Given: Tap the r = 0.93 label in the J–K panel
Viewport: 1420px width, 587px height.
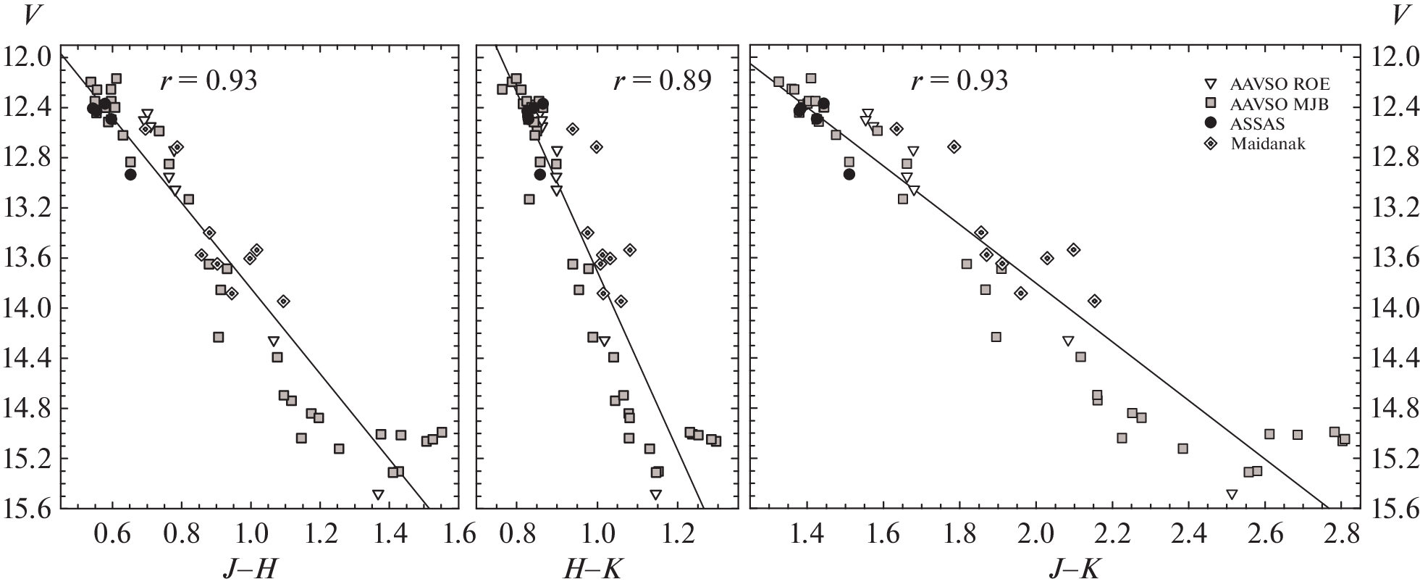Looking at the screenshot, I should click(959, 80).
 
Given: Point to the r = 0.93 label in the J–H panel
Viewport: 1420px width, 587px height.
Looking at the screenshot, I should click(209, 80).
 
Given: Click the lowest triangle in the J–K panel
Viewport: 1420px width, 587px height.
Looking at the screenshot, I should click(1232, 494).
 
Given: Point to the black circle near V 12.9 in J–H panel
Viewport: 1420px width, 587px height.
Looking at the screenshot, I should click(130, 174).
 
